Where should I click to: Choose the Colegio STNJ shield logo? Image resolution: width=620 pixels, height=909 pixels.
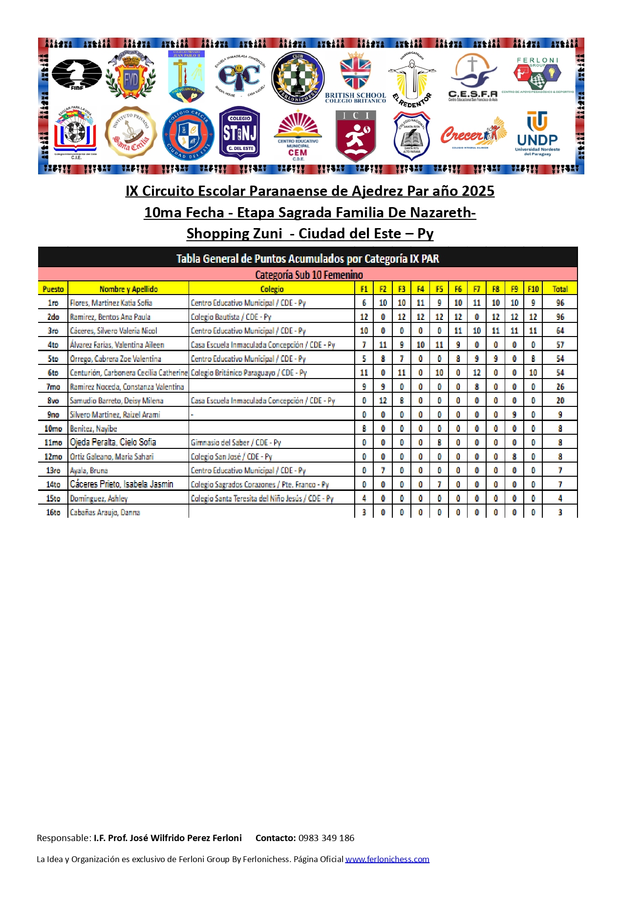pos(239,133)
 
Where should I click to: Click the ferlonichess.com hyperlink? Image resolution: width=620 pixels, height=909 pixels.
pos(387,859)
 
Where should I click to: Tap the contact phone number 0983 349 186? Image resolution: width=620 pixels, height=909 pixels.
pos(326,838)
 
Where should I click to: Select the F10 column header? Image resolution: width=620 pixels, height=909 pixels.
pos(533,289)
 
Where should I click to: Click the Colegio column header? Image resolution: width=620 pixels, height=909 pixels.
pos(272,289)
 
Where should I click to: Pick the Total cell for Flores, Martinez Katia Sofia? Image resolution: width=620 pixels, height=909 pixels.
pos(560,303)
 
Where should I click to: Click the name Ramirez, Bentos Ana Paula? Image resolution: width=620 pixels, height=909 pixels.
pos(110,317)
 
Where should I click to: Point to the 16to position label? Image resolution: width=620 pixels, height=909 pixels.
pos(53,512)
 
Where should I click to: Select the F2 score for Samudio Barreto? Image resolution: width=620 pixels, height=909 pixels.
pos(383,401)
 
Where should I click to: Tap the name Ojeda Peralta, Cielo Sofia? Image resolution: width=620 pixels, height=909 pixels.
pos(113,442)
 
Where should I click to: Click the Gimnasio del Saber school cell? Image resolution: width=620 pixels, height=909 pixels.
pos(235,443)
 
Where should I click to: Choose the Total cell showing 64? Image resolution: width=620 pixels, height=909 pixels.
pos(560,331)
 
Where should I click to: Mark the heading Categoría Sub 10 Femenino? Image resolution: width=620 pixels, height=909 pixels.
pos(309,275)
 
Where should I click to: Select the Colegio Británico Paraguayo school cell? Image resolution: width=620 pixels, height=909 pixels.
pos(249,373)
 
